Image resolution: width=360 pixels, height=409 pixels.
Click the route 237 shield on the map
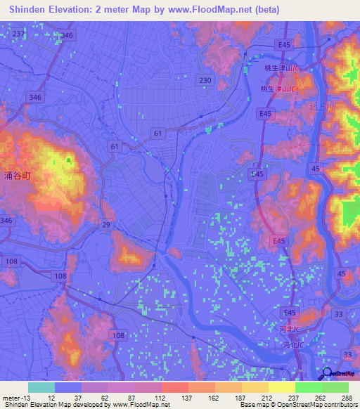(x=18, y=34)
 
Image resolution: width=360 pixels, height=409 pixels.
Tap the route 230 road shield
(x=205, y=80)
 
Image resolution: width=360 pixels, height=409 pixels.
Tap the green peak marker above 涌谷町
(x=69, y=160)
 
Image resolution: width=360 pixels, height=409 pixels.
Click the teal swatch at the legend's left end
(x=41, y=387)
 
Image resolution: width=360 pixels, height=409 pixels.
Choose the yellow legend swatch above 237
(x=281, y=387)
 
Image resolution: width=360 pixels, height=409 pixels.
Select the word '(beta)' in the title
(x=265, y=10)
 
